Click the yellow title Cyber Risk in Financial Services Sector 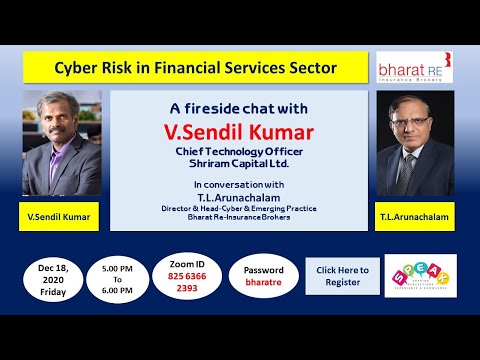(x=194, y=69)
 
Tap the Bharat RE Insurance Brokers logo (x=414, y=68)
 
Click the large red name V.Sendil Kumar (x=239, y=130)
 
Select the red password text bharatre (x=264, y=283)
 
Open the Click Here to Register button (x=342, y=276)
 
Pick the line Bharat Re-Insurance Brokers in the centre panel (x=239, y=217)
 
